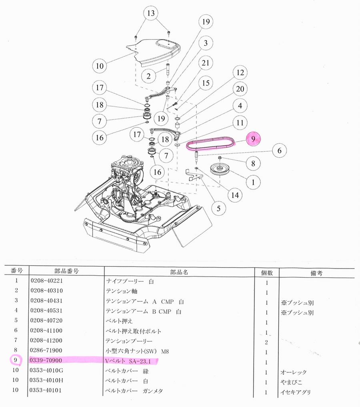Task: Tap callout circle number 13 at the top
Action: point(150,14)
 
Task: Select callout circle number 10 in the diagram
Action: point(100,65)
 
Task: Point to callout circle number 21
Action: point(206,63)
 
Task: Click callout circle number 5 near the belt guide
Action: point(218,208)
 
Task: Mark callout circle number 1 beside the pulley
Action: point(253,182)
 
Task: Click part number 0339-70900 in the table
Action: point(46,361)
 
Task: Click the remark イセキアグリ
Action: point(296,393)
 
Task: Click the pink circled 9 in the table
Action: point(15,360)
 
